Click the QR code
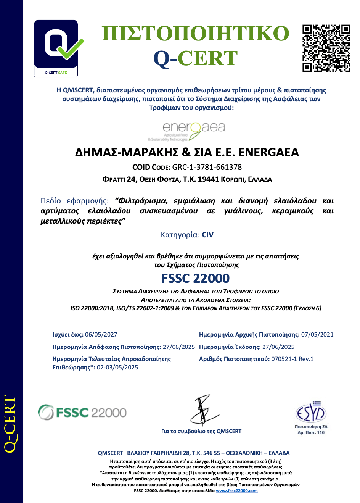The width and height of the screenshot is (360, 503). pyautogui.click(x=326, y=48)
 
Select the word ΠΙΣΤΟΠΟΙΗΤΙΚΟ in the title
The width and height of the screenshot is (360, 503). pyautogui.click(x=196, y=33)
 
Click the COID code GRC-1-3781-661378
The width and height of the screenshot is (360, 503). pyautogui.click(x=207, y=167)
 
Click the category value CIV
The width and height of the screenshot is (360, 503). pyautogui.click(x=208, y=235)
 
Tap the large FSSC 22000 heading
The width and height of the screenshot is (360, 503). pyautogui.click(x=196, y=278)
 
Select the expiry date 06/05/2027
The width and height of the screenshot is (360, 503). pyautogui.click(x=101, y=335)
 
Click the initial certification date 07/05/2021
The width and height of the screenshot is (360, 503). pyautogui.click(x=317, y=335)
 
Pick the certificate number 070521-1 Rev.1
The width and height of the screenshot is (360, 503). pyautogui.click(x=292, y=359)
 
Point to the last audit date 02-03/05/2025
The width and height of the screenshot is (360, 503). pyautogui.click(x=117, y=368)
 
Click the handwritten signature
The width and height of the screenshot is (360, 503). pyautogui.click(x=204, y=410)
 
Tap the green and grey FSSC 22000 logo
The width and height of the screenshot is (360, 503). pyautogui.click(x=82, y=413)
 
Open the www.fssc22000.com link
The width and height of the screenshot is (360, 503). pyautogui.click(x=236, y=491)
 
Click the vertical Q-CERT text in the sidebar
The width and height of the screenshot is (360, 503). pyautogui.click(x=10, y=424)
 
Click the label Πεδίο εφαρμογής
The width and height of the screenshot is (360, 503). pyautogui.click(x=75, y=201)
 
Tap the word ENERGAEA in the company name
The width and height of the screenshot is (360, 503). pyautogui.click(x=268, y=152)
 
